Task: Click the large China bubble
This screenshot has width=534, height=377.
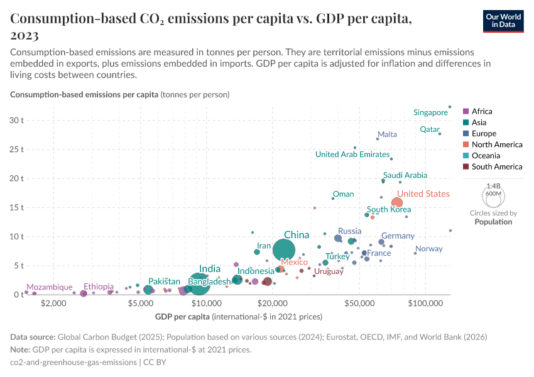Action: tap(284, 251)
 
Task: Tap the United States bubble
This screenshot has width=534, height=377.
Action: tap(397, 202)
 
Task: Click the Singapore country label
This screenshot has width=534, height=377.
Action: tap(430, 112)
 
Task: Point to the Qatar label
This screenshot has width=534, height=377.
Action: tap(430, 129)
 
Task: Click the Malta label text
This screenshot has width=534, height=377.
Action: tap(387, 134)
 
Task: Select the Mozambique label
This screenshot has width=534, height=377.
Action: tap(49, 287)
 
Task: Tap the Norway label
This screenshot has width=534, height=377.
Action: tap(429, 249)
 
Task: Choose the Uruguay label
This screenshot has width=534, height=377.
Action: tap(329, 271)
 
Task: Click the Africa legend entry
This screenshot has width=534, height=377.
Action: tap(482, 111)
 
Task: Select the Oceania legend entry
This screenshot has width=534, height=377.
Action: tap(486, 155)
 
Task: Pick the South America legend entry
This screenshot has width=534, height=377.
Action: tap(496, 167)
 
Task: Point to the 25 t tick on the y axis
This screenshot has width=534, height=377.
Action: tap(16, 150)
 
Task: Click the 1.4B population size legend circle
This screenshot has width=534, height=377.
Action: tap(493, 196)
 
